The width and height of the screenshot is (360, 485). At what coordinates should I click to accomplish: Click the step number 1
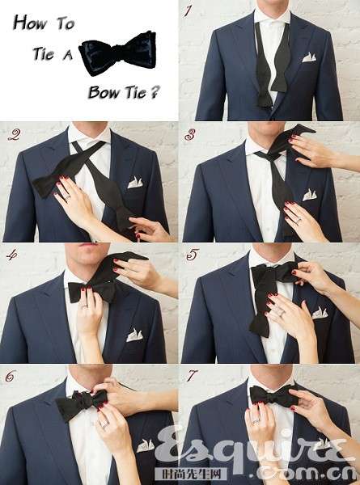click(x=188, y=12)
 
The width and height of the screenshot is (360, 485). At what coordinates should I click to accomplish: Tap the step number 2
click(x=15, y=135)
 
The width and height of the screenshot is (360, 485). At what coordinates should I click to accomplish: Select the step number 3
click(x=189, y=135)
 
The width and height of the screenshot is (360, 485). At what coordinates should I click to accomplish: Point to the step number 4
click(x=12, y=255)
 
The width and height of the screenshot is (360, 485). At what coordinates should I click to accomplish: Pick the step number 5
click(x=192, y=255)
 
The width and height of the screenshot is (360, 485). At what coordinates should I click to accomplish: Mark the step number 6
click(x=11, y=376)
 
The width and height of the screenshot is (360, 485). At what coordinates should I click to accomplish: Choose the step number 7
click(x=191, y=376)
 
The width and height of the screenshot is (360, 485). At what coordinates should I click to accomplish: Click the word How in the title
click(x=30, y=23)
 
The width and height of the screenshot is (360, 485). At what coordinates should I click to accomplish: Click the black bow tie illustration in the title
click(x=117, y=53)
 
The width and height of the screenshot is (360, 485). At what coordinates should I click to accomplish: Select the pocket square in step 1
click(x=309, y=57)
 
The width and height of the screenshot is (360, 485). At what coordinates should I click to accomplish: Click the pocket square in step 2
click(x=135, y=183)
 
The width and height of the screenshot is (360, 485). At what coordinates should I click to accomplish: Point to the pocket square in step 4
click(x=134, y=335)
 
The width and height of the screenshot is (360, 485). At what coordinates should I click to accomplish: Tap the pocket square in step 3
click(x=309, y=195)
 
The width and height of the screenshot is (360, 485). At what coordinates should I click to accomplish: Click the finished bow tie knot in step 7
click(x=273, y=396)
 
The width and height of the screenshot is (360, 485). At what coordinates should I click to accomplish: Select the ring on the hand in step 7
click(x=256, y=421)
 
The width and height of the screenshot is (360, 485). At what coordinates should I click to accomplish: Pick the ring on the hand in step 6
click(x=104, y=424)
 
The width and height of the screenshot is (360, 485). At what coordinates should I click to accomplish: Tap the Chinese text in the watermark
click(x=190, y=474)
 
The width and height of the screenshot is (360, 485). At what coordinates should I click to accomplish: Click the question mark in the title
click(x=155, y=92)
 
